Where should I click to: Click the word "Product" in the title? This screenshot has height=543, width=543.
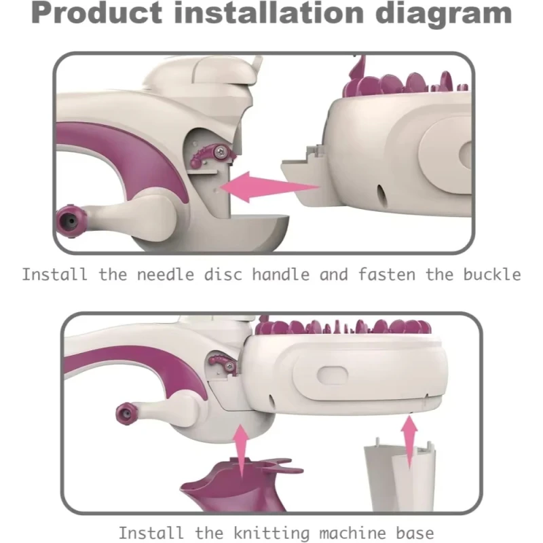96,14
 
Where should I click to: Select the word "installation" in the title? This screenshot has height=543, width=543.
269,13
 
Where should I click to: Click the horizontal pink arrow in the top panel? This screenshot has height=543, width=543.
269,187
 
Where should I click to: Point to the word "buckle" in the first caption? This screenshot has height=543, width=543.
492,275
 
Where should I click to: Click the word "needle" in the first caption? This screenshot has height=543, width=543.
166,275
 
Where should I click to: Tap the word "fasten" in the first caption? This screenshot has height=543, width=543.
386,275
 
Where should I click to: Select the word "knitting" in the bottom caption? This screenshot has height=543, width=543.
271,533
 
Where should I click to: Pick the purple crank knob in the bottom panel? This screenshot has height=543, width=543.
127,413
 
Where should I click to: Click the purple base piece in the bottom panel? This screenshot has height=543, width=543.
239,485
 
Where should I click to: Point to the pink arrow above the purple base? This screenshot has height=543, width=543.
242,449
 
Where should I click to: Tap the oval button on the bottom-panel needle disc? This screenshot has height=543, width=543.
333,375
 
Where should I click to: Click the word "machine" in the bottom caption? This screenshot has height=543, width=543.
352,533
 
